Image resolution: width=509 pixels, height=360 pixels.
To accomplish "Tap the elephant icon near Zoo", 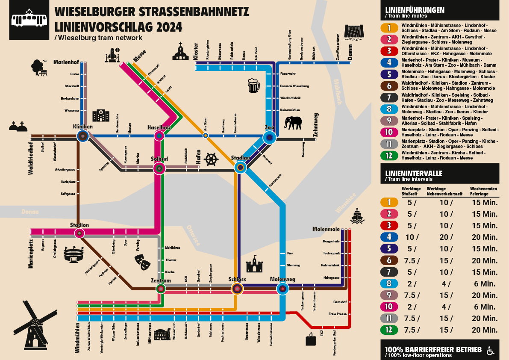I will (x=293, y=123).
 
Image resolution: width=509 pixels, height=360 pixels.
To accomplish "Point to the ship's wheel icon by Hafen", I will (x=211, y=159).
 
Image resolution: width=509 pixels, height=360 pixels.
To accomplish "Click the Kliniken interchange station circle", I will (x=82, y=136).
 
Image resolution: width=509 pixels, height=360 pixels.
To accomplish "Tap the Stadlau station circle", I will (x=241, y=168).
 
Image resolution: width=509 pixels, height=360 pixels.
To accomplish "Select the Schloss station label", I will (x=237, y=279).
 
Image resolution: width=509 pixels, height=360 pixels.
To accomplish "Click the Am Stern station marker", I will (x=206, y=136).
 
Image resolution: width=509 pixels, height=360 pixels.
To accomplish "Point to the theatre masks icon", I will (x=142, y=261).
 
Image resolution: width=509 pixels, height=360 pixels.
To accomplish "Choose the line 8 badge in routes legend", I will (x=389, y=109).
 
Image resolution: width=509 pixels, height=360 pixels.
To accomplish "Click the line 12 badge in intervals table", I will (x=389, y=330).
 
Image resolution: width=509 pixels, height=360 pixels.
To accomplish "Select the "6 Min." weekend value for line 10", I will (x=485, y=307).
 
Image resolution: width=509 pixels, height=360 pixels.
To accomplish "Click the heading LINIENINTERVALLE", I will (x=414, y=173).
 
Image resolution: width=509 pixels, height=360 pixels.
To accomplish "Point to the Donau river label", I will (x=30, y=212).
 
